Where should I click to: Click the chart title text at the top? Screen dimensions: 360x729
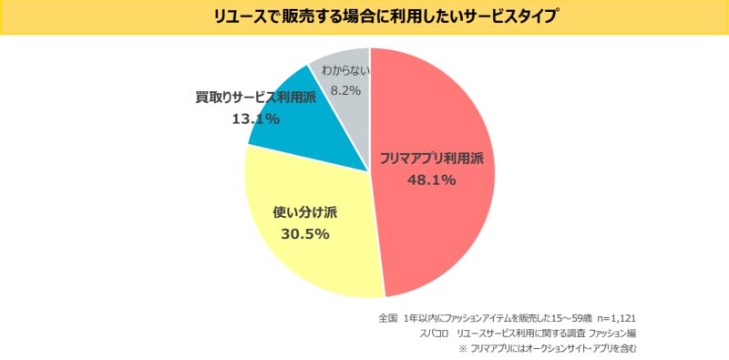pos(364,16)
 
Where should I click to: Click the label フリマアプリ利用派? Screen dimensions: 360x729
pos(431,159)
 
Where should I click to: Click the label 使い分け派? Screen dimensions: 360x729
pos(305,213)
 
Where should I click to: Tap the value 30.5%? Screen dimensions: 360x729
pos(305,234)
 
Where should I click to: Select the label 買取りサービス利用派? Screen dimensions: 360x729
pos(255,98)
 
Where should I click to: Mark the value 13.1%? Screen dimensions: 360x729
pos(255,118)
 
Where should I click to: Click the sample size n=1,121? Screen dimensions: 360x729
pos(619,319)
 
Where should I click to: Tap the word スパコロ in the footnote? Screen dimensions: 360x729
pos(427,334)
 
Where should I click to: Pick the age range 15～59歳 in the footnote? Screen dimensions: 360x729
pos(569,319)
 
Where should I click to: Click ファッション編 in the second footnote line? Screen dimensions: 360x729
pos(607,334)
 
